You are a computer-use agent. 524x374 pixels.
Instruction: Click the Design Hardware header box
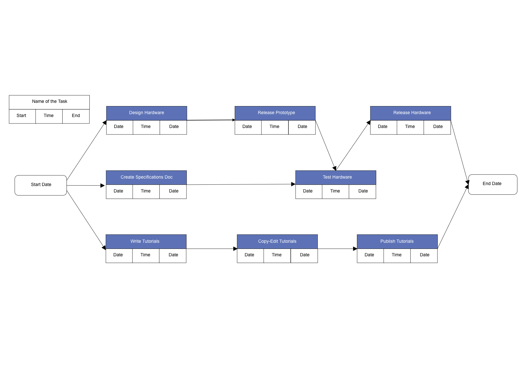(146, 113)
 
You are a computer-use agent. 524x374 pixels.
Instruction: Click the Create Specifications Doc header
(146, 177)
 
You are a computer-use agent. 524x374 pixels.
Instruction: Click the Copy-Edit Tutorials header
(277, 241)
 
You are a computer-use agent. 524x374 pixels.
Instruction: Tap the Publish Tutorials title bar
(397, 241)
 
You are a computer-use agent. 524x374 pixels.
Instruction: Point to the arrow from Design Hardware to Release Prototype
(211, 120)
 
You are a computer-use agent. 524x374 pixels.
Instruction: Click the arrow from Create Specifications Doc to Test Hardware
(241, 184)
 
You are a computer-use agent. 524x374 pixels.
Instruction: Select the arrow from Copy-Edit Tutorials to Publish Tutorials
(337, 249)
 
